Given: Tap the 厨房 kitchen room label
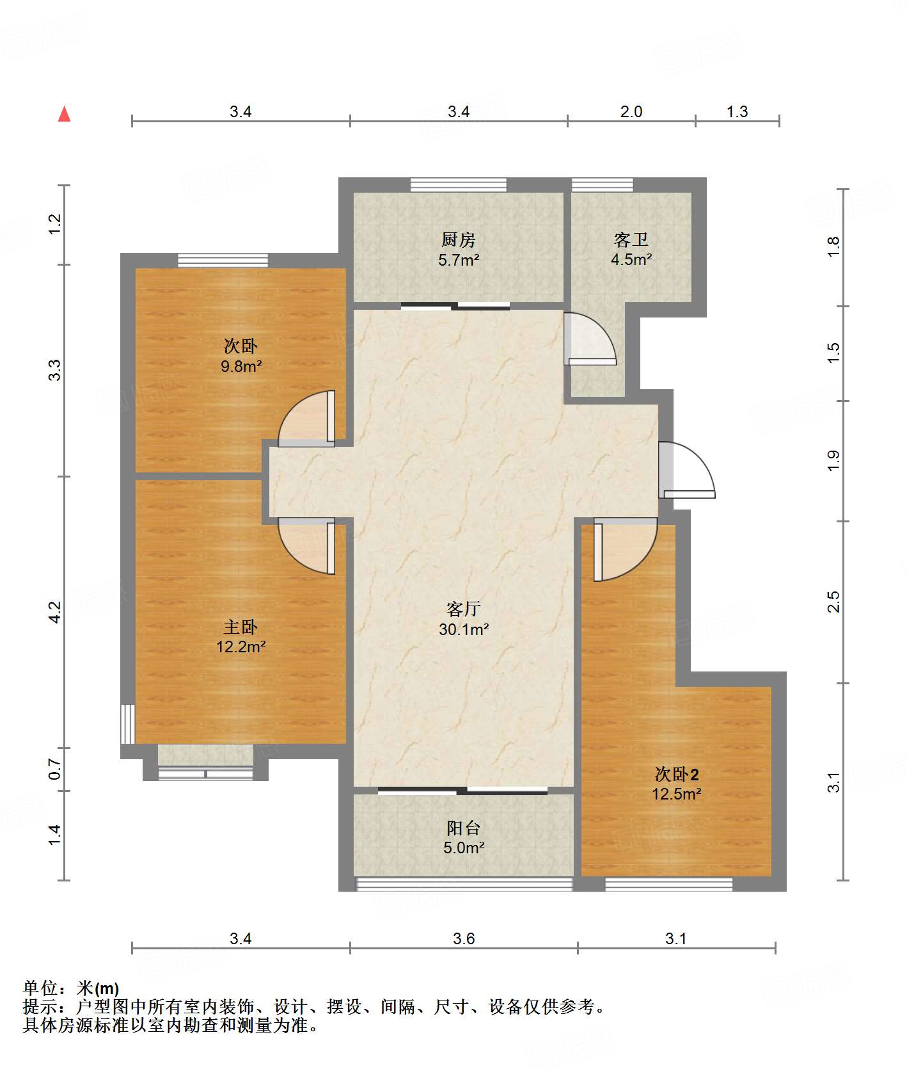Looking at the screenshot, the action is tap(459, 240).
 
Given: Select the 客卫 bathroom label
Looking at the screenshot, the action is tap(631, 240).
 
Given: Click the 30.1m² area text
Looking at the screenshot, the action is tap(464, 630).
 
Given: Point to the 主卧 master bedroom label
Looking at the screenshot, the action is tap(241, 627).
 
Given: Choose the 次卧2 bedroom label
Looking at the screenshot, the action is tap(677, 775).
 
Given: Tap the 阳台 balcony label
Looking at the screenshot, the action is tap(464, 828).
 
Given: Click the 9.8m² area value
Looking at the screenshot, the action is tap(241, 367).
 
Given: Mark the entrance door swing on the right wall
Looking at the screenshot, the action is tap(687, 470).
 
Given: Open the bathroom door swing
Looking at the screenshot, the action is tap(590, 338).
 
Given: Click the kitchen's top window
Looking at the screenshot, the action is tap(459, 185).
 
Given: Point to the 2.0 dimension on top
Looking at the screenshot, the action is tap(631, 112).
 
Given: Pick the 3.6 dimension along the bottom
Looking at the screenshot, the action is tap(464, 939).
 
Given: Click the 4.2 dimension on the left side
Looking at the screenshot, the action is tap(55, 612).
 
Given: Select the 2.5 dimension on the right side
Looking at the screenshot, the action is tap(833, 602).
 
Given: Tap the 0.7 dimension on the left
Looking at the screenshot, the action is tap(55, 769).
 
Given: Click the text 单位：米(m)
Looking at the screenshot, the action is tap(71, 988).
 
